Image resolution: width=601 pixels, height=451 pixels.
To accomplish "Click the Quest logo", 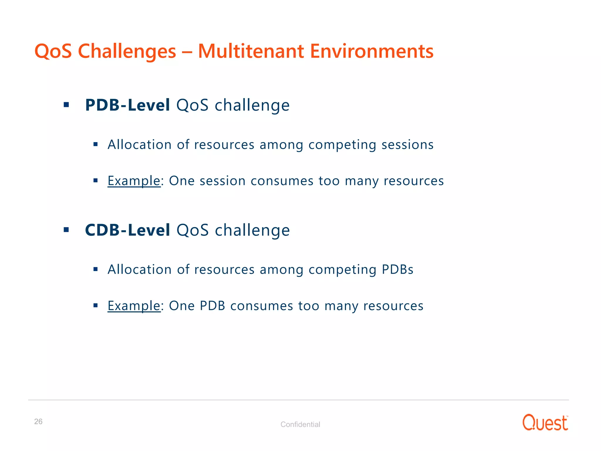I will pyautogui.click(x=545, y=423).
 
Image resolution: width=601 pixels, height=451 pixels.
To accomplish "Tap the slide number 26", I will pyautogui.click(x=38, y=421).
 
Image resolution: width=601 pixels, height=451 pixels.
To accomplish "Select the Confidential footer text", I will pyautogui.click(x=300, y=424).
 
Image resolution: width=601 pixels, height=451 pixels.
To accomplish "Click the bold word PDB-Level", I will pyautogui.click(x=127, y=105).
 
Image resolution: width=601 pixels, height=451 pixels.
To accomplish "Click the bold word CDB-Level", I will pyautogui.click(x=127, y=230).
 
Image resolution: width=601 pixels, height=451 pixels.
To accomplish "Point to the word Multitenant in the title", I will pyautogui.click(x=251, y=51).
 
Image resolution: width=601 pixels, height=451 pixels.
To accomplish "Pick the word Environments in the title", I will pyautogui.click(x=372, y=51).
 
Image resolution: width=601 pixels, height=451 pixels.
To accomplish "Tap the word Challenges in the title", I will pyautogui.click(x=127, y=52).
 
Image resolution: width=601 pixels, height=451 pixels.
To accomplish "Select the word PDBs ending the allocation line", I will pyautogui.click(x=397, y=270).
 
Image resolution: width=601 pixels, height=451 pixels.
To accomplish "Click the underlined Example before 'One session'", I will pyautogui.click(x=134, y=181).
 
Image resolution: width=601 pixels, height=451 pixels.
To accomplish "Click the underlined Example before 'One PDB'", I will pyautogui.click(x=134, y=306).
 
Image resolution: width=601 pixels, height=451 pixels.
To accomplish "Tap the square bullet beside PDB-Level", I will pyautogui.click(x=66, y=105).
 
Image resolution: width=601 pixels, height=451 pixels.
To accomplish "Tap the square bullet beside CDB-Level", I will pyautogui.click(x=66, y=230).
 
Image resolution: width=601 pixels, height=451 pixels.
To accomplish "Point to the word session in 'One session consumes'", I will pyautogui.click(x=222, y=181).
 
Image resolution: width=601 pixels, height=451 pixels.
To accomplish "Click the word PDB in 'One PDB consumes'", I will pyautogui.click(x=212, y=306).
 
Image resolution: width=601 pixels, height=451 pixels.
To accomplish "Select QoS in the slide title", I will pyautogui.click(x=53, y=51).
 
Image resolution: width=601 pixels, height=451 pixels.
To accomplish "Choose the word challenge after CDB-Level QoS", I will pyautogui.click(x=252, y=230).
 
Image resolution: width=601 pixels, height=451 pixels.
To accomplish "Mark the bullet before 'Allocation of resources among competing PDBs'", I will pyautogui.click(x=95, y=269).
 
